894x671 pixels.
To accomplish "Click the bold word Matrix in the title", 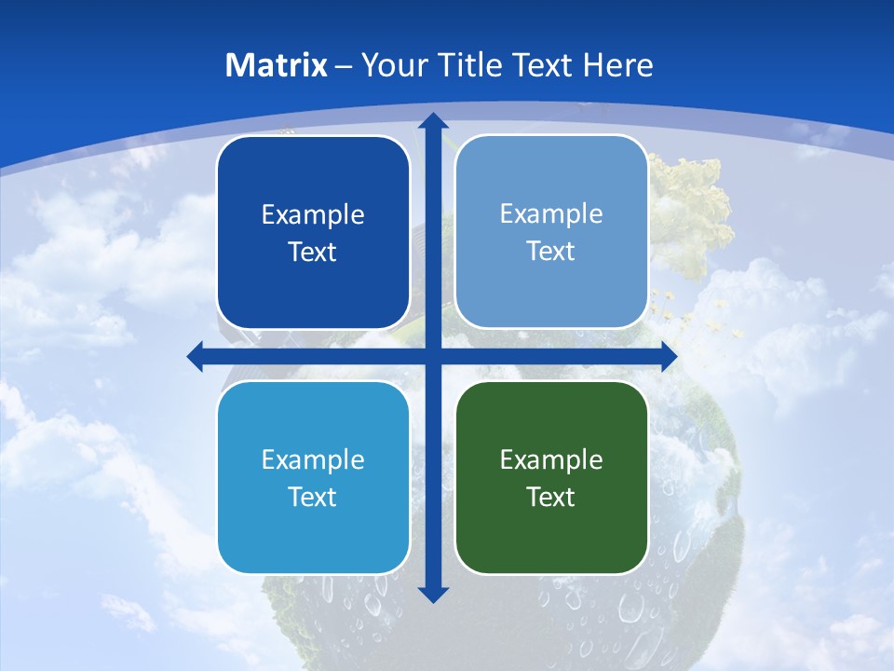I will pyautogui.click(x=277, y=65).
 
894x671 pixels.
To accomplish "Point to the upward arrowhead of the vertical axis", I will pyautogui.click(x=432, y=120).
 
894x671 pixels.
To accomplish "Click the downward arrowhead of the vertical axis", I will pyautogui.click(x=432, y=594).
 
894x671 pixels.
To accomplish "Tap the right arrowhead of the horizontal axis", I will pyautogui.click(x=668, y=356).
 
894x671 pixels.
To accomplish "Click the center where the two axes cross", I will pyautogui.click(x=432, y=356).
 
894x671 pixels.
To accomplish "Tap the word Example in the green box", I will pyautogui.click(x=551, y=459).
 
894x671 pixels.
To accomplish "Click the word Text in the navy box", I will pyautogui.click(x=313, y=252).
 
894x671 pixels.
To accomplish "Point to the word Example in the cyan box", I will pyautogui.click(x=313, y=459).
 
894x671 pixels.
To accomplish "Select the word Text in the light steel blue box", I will pyautogui.click(x=551, y=251).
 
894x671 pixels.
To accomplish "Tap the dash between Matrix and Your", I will pyautogui.click(x=344, y=66).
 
